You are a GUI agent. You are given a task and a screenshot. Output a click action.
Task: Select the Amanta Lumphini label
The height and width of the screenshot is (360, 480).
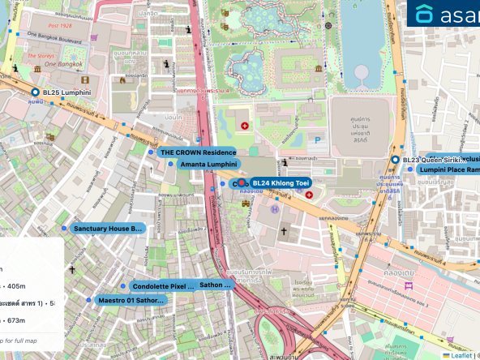point(208,165)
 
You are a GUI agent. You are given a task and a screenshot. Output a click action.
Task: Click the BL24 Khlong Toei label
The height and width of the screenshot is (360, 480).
point(281,183)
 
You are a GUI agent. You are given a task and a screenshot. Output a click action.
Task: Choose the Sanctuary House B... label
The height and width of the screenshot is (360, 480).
point(108,229)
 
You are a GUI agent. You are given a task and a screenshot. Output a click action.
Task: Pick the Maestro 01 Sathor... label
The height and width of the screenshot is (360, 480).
point(131,300)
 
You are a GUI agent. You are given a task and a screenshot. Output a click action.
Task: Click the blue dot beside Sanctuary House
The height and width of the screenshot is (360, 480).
point(64,229)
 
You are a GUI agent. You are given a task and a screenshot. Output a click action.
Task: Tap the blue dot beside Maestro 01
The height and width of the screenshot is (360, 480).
point(88,300)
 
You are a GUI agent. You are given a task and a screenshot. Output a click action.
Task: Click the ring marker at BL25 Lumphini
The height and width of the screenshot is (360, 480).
point(34,93)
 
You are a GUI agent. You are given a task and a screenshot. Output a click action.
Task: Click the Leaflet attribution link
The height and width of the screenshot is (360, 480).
point(461,354)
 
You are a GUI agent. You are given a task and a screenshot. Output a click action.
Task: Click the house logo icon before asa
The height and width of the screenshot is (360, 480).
point(425,14)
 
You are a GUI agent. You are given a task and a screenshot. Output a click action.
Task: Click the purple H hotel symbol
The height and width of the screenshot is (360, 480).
point(274,210)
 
